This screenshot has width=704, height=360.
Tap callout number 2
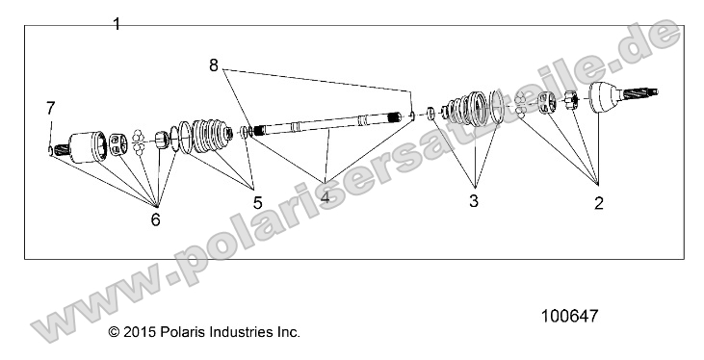[x=598, y=202]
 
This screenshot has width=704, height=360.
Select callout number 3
[x=473, y=202]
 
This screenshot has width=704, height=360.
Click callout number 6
[x=155, y=219]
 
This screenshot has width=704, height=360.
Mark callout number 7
[x=50, y=107]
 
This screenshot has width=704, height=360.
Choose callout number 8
[x=213, y=65]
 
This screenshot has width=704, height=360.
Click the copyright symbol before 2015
[x=114, y=332]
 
